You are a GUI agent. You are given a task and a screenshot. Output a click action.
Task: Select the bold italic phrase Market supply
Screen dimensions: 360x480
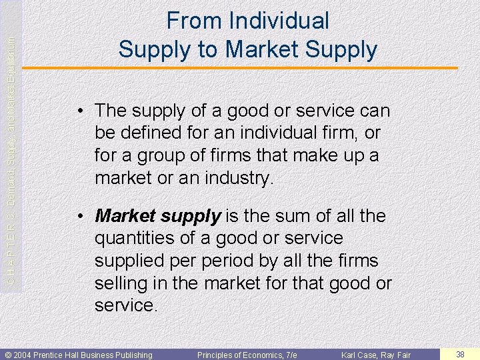pyautogui.click(x=158, y=216)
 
